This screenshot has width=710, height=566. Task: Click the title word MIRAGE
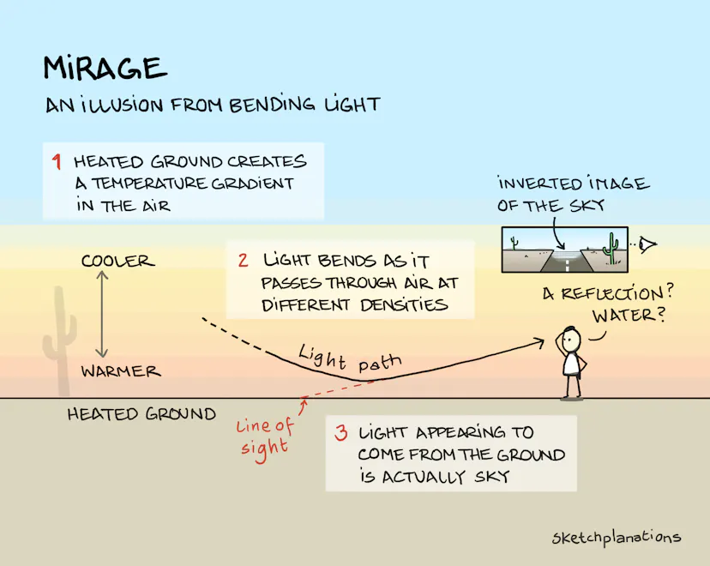pos(105,69)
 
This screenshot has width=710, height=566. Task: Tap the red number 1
pos(56,161)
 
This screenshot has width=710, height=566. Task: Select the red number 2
pos(244,261)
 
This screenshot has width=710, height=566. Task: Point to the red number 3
pos(341,432)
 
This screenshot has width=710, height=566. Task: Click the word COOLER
pos(117,261)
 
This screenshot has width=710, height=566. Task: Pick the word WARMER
pos(121,371)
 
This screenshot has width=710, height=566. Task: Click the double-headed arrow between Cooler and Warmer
pos(102,314)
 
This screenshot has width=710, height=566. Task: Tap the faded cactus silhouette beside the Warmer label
pos(60,340)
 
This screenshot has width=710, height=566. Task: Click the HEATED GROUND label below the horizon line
pos(141,414)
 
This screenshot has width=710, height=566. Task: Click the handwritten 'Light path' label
pos(350,358)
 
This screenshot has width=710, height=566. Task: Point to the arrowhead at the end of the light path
pos(539,343)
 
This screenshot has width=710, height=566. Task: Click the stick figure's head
pos(571,338)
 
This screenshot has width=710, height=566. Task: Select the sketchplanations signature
pos(617,538)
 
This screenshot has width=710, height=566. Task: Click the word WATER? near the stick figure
pos(629,315)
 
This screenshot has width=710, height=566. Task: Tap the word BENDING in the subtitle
pos(272,104)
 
